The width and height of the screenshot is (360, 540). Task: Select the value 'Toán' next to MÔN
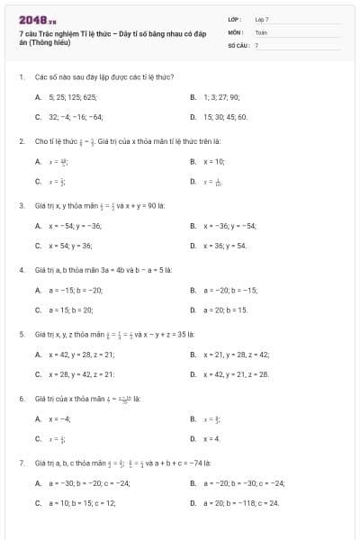pyautogui.click(x=261, y=31)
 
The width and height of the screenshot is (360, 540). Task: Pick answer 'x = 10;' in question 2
pyautogui.click(x=214, y=161)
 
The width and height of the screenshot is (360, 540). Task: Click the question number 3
pyautogui.click(x=21, y=206)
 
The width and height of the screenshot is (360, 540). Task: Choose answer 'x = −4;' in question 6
pyautogui.click(x=60, y=418)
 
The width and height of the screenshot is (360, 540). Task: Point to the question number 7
pyautogui.click(x=21, y=463)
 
